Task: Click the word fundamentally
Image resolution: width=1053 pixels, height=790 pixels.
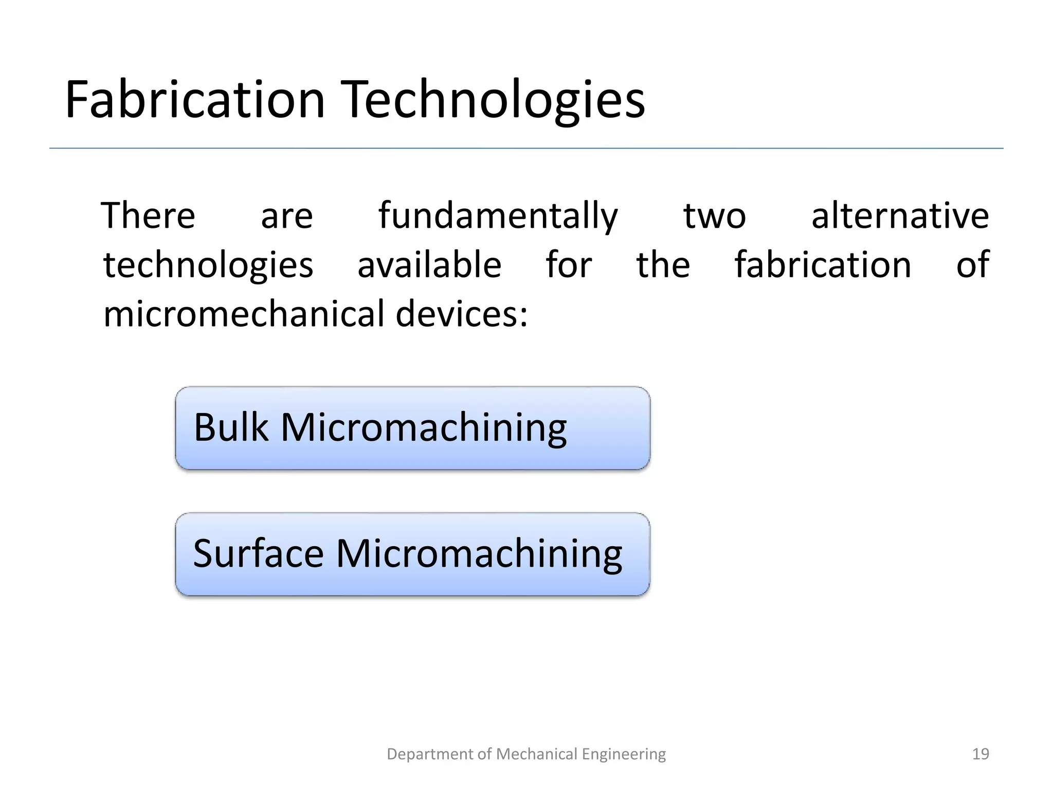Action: (498, 217)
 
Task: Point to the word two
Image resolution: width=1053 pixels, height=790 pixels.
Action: (714, 217)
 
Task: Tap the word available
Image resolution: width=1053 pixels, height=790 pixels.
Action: (429, 265)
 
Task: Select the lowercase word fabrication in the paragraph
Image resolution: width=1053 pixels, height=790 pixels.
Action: (823, 265)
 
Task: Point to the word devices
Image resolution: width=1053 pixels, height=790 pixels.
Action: (461, 314)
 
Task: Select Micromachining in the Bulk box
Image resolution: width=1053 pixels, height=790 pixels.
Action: (423, 428)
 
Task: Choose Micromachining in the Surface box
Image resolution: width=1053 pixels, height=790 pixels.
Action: (479, 554)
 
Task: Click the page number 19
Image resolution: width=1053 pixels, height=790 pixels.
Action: (981, 754)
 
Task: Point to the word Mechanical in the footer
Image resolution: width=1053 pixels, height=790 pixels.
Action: (537, 754)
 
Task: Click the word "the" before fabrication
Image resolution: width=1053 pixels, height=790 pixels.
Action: (663, 265)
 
